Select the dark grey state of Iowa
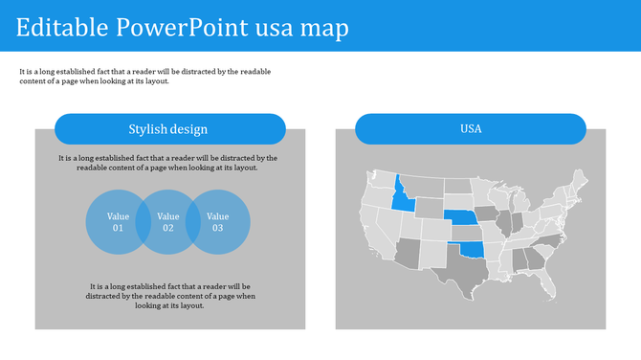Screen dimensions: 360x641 (487, 214)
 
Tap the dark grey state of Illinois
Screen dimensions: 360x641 (504, 225)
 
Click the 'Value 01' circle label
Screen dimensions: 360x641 (118, 222)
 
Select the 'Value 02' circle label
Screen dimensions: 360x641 (168, 222)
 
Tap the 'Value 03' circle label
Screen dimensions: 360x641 (218, 222)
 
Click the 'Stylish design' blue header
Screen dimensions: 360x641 (169, 129)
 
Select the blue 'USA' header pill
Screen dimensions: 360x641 (470, 129)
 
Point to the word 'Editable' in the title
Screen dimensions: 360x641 (61, 27)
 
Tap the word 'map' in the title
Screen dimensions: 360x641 (323, 27)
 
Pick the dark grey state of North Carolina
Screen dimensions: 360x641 (553, 240)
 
